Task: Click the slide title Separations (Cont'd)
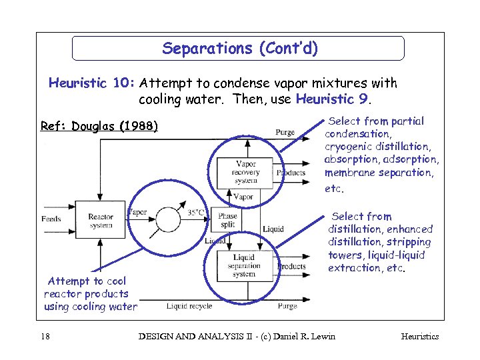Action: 240,49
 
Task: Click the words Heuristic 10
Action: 92,83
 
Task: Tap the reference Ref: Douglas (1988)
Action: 99,126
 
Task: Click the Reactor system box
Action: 100,220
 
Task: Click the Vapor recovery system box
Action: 245,173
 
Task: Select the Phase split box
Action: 227,221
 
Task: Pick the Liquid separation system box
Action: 243,266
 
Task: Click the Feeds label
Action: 51,219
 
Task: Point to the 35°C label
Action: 196,213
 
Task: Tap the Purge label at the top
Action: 285,132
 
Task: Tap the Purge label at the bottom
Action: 287,306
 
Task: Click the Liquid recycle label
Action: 189,306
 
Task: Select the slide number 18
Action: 45,336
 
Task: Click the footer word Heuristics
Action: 419,336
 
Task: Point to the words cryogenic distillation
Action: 377,147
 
